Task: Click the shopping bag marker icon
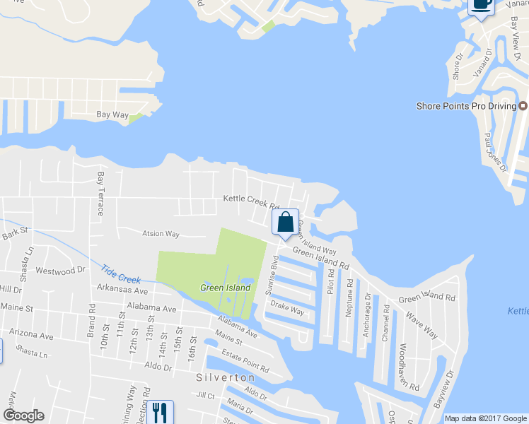(x=285, y=222)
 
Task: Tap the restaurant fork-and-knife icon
(x=159, y=412)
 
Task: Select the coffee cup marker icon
(x=482, y=4)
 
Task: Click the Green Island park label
(x=226, y=288)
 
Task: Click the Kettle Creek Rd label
(x=252, y=201)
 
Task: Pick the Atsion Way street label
(x=161, y=234)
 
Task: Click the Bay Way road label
(x=112, y=114)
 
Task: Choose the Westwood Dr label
(x=60, y=271)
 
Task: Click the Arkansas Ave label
(x=122, y=291)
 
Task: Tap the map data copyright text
(x=486, y=418)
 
